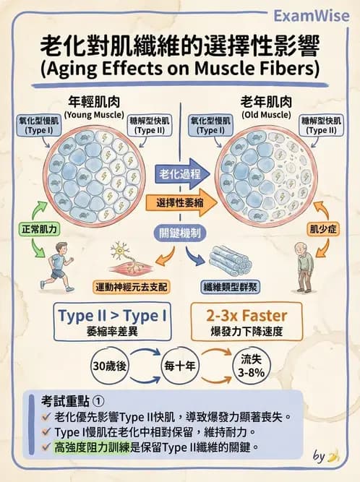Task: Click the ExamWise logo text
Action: click(x=312, y=16)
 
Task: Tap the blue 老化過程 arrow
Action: click(x=183, y=174)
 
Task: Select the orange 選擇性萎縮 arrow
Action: click(x=181, y=202)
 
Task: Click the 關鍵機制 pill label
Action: click(x=179, y=233)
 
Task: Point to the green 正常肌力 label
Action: click(x=39, y=229)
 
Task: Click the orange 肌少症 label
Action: click(x=323, y=229)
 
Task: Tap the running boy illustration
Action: click(x=58, y=267)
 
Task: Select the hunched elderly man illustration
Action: click(x=304, y=267)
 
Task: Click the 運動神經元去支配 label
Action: click(x=132, y=287)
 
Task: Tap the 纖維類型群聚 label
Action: click(x=231, y=287)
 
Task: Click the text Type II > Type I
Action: click(x=113, y=316)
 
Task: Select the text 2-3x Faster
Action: click(x=247, y=316)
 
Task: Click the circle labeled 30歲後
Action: click(x=109, y=366)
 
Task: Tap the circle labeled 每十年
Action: click(x=180, y=366)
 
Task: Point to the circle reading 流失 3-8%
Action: click(x=251, y=366)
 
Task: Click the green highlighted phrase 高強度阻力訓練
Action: click(x=92, y=447)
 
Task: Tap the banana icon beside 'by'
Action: click(x=334, y=456)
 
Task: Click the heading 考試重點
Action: click(x=65, y=401)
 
